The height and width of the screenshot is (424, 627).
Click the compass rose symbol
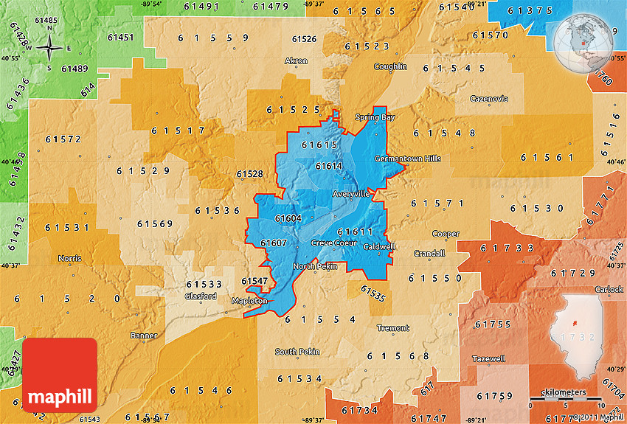[49, 48]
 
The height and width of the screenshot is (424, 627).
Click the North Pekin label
[315, 266]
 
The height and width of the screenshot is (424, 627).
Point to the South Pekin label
[297, 352]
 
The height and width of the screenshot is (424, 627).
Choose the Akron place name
[297, 61]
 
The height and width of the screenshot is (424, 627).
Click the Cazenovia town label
[489, 99]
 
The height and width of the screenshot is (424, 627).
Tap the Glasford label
[200, 296]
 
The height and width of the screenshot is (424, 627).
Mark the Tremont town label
[392, 328]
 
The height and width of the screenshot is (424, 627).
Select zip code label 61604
[288, 218]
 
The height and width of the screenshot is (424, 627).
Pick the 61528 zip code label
[249, 174]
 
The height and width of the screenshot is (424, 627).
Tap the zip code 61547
[254, 281]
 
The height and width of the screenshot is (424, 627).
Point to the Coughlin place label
[390, 66]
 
